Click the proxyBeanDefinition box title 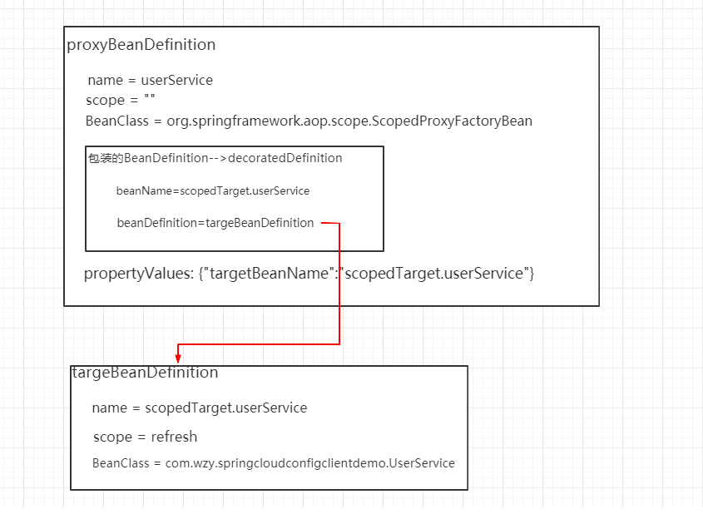click(x=141, y=45)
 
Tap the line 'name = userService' click(x=150, y=81)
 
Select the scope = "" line click(x=121, y=101)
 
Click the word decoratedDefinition click(x=285, y=158)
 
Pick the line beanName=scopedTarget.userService click(x=213, y=191)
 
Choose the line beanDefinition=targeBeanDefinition click(x=215, y=223)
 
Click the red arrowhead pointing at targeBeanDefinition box click(x=178, y=358)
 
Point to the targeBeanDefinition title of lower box click(x=145, y=373)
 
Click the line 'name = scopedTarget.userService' click(x=200, y=408)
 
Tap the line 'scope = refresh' click(x=145, y=437)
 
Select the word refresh click(x=174, y=437)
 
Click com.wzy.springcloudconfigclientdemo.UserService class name click(x=304, y=463)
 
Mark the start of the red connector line click(x=323, y=223)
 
